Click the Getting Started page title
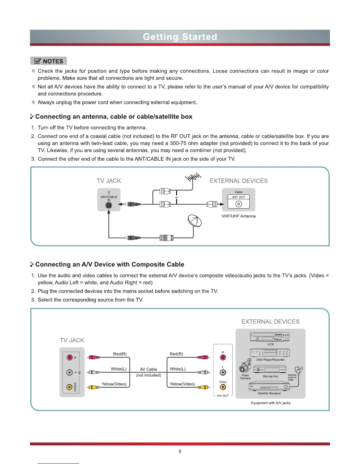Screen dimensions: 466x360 pyautogui.click(x=180, y=37)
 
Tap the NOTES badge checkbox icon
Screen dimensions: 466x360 pyautogui.click(x=38, y=61)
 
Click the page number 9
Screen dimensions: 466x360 pyautogui.click(x=180, y=452)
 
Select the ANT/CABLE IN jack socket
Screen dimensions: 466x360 pyautogui.click(x=109, y=205)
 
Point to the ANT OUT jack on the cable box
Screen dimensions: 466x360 pyautogui.click(x=239, y=204)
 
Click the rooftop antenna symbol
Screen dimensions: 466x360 pyautogui.click(x=193, y=177)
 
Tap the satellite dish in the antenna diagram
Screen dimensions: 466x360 pyautogui.click(x=195, y=221)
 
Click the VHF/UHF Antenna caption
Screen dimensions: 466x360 pyautogui.click(x=239, y=216)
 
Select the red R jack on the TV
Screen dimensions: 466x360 pyautogui.click(x=69, y=357)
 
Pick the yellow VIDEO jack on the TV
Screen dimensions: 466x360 pyautogui.click(x=69, y=387)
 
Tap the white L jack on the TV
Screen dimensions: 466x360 pyautogui.click(x=69, y=372)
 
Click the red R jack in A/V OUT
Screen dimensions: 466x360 pyautogui.click(x=223, y=357)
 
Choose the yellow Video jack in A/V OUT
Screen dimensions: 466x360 pyautogui.click(x=223, y=387)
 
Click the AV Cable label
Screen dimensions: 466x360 pyautogui.click(x=149, y=369)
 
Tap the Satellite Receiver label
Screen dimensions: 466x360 pyautogui.click(x=269, y=393)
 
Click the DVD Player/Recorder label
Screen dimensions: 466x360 pyautogui.click(x=270, y=360)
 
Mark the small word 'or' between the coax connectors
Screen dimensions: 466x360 pyautogui.click(x=176, y=197)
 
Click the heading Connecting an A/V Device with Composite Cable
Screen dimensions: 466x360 pyautogui.click(x=110, y=264)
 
